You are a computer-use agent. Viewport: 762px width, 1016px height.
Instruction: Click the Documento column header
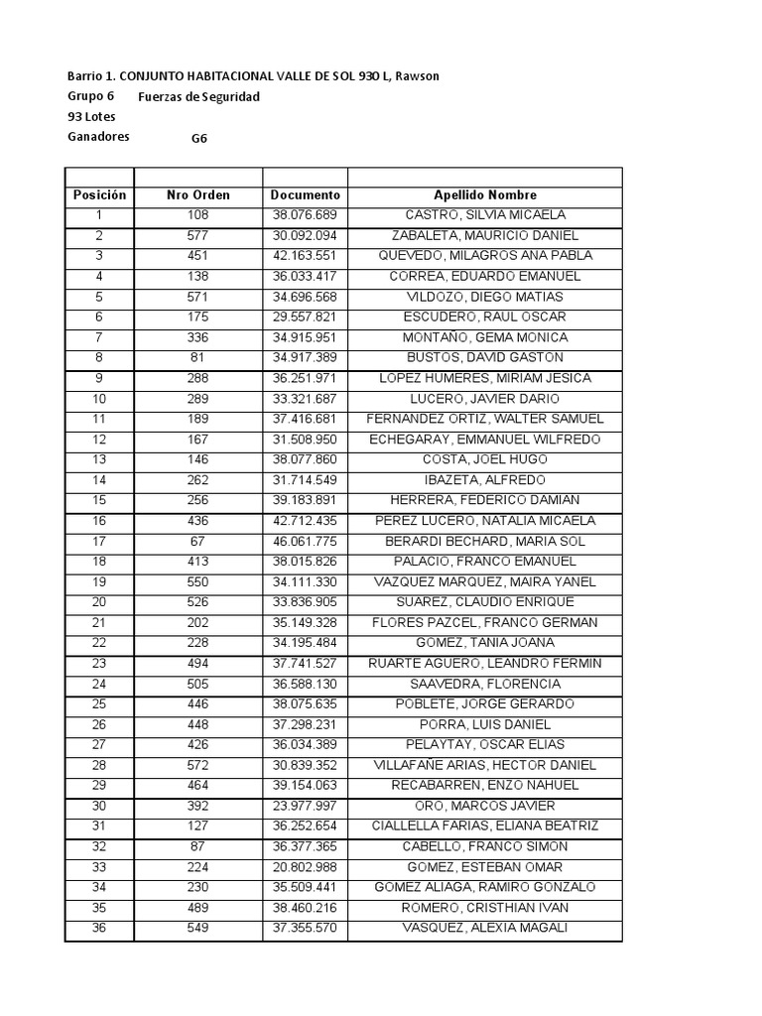305,195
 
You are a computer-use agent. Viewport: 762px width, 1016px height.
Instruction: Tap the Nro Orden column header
197,195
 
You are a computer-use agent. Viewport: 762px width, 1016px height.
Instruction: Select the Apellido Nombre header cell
485,195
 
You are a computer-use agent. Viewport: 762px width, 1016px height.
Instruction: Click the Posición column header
99,195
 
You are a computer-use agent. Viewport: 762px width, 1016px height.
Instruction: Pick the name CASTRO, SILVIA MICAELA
485,215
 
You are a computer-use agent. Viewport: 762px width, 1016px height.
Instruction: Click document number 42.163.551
305,256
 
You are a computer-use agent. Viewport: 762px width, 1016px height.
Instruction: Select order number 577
197,236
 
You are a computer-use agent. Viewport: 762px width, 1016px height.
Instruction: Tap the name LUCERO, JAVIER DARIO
485,399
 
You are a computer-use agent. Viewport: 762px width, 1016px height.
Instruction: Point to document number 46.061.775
305,542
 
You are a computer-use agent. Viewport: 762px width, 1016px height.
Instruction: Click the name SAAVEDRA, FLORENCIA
485,685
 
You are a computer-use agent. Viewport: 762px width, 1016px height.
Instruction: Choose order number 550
197,582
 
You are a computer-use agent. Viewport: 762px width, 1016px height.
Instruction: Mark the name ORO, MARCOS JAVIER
485,807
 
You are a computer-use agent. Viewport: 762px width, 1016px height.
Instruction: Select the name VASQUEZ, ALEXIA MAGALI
485,929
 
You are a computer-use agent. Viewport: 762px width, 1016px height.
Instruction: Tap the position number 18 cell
99,562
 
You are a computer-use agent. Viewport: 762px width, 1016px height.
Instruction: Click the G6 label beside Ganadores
199,139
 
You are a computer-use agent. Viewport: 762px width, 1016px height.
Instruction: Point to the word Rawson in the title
416,76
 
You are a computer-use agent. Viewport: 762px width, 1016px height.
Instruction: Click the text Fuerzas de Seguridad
198,97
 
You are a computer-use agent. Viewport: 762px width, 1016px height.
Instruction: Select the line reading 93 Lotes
91,117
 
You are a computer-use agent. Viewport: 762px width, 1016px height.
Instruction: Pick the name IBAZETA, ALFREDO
485,480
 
